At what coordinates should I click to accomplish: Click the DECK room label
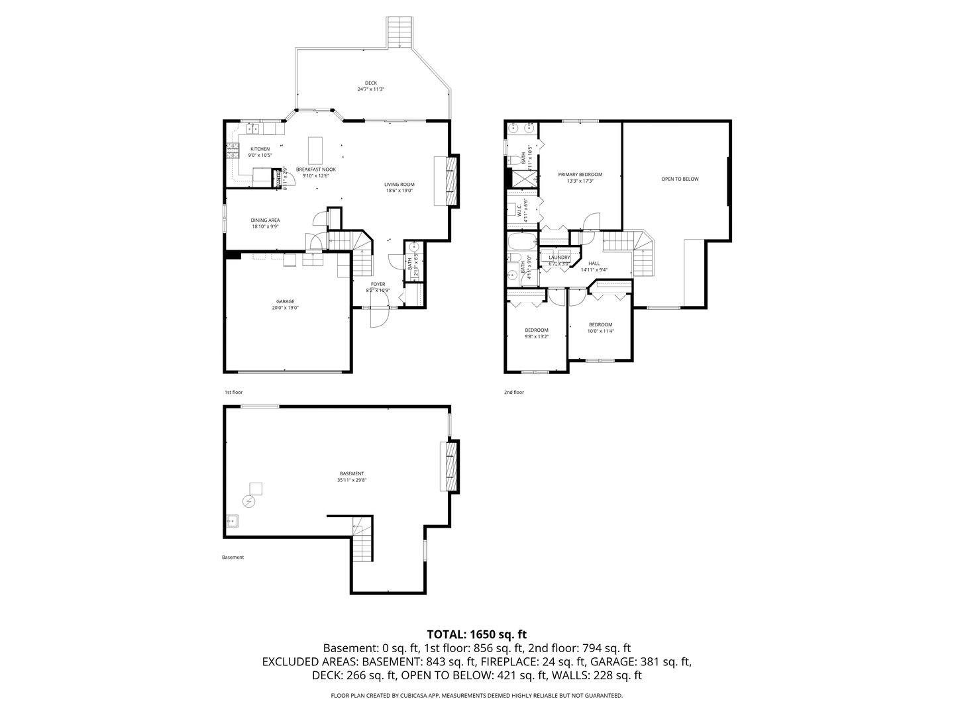click(x=370, y=83)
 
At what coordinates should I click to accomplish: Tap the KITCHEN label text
click(x=260, y=149)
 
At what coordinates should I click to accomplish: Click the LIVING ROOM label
click(x=399, y=185)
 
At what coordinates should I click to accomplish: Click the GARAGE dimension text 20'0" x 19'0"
click(x=286, y=308)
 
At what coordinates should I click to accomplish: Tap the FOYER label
click(x=378, y=284)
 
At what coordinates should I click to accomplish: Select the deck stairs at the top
click(x=400, y=32)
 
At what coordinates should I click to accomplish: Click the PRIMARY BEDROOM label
click(x=580, y=175)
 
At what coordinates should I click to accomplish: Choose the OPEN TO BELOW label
click(x=680, y=179)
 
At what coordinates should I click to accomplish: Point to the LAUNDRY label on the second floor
click(x=559, y=258)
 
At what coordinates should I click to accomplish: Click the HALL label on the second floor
click(x=594, y=263)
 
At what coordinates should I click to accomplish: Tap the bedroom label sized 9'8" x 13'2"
click(x=537, y=330)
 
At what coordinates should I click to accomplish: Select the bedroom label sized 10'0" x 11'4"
click(x=600, y=324)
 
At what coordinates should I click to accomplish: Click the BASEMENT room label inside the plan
click(x=351, y=473)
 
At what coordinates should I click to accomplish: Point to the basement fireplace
click(x=449, y=466)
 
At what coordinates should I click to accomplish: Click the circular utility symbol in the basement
click(x=249, y=502)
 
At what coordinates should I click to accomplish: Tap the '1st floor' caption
click(x=233, y=392)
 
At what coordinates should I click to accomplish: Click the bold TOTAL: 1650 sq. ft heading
click(x=476, y=634)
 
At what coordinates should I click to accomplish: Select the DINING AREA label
click(x=265, y=220)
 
